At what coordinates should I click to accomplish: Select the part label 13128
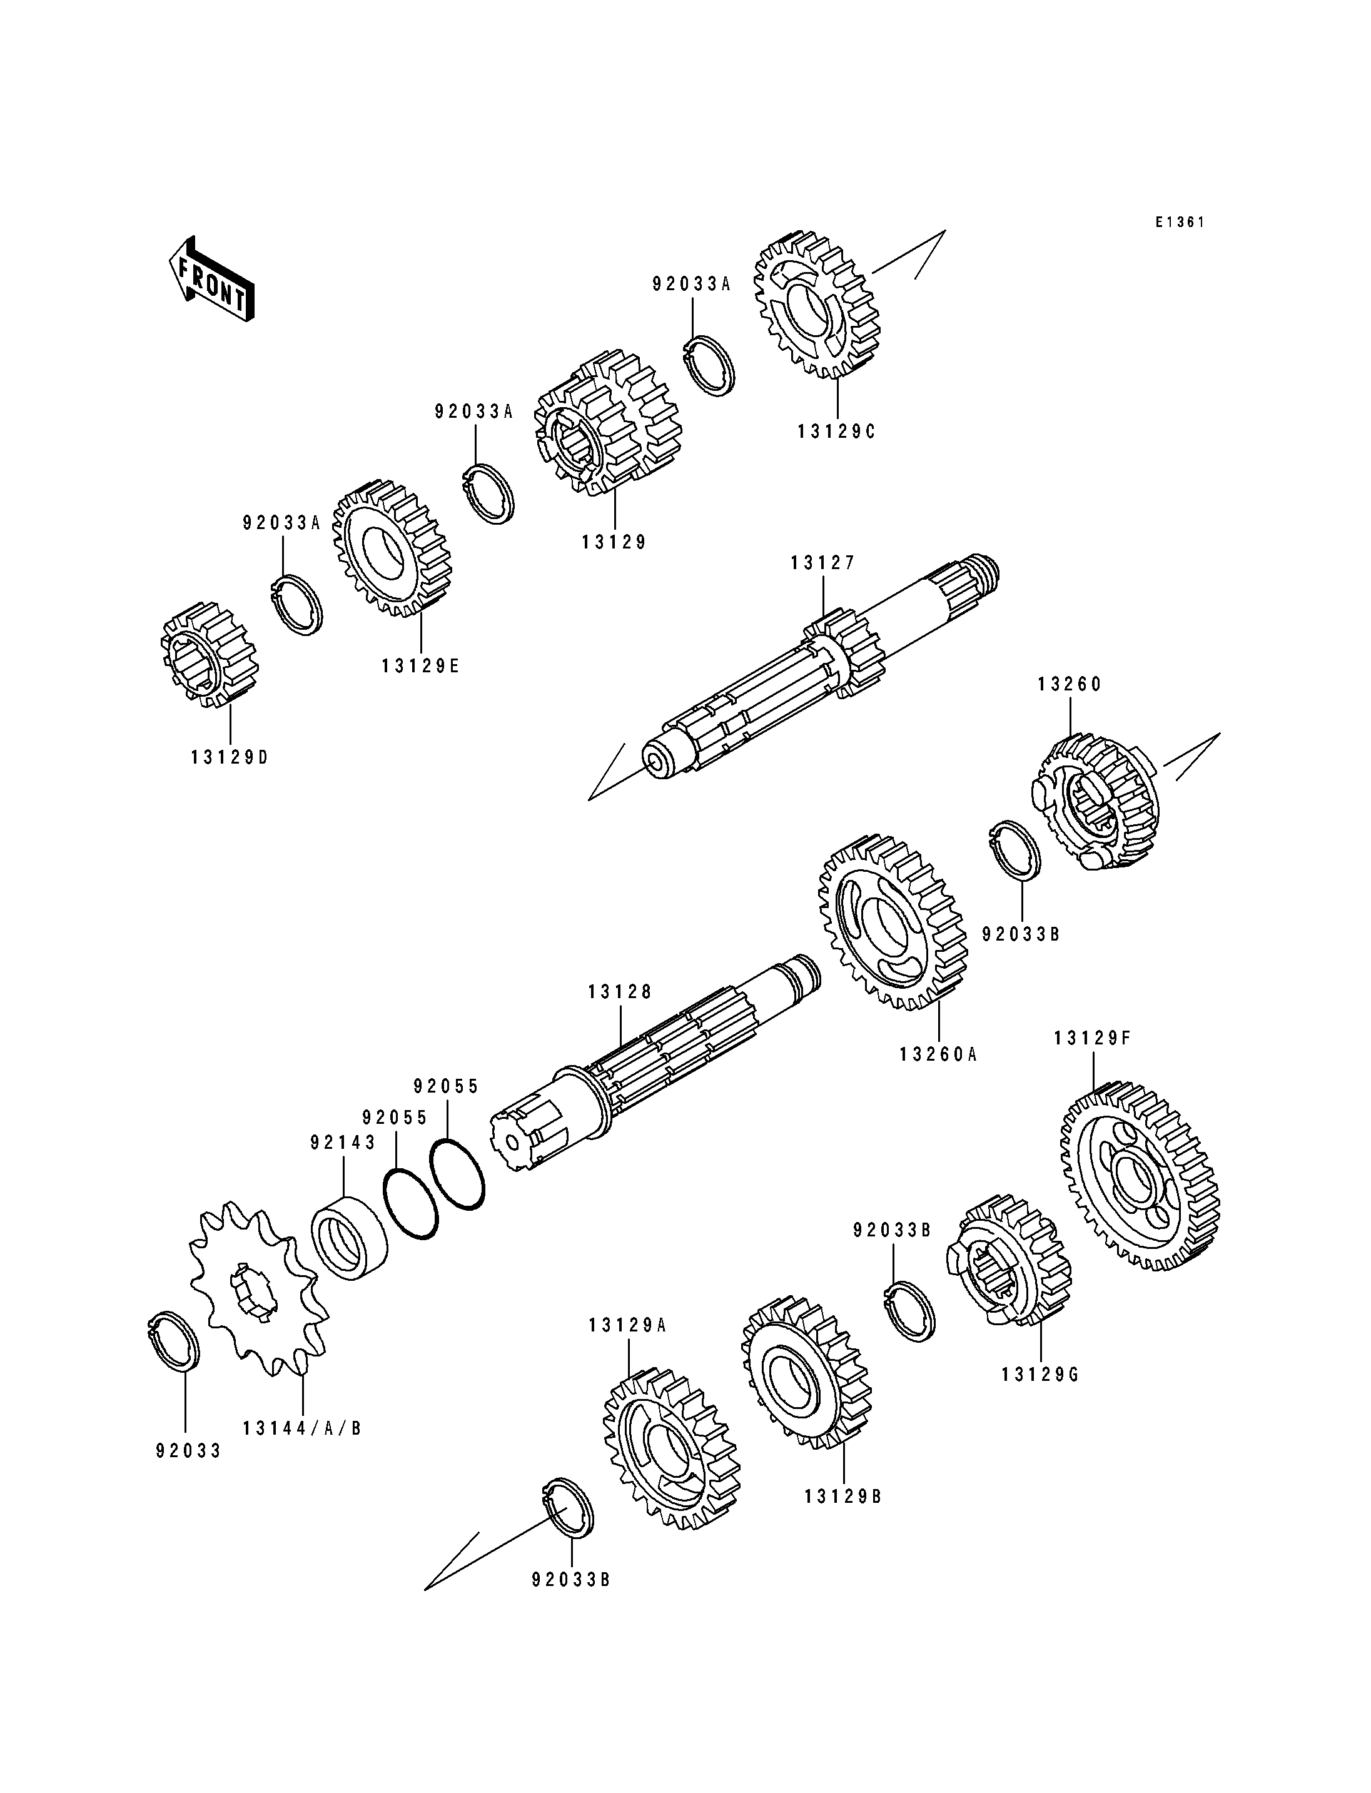[x=620, y=992]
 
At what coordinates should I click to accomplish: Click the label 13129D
[x=230, y=757]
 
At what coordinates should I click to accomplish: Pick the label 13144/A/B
[x=302, y=1428]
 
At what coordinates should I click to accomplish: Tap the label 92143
[x=343, y=1143]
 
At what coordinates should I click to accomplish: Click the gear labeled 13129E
[x=392, y=548]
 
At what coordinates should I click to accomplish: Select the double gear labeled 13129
[x=608, y=423]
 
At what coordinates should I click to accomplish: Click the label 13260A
[x=938, y=1054]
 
